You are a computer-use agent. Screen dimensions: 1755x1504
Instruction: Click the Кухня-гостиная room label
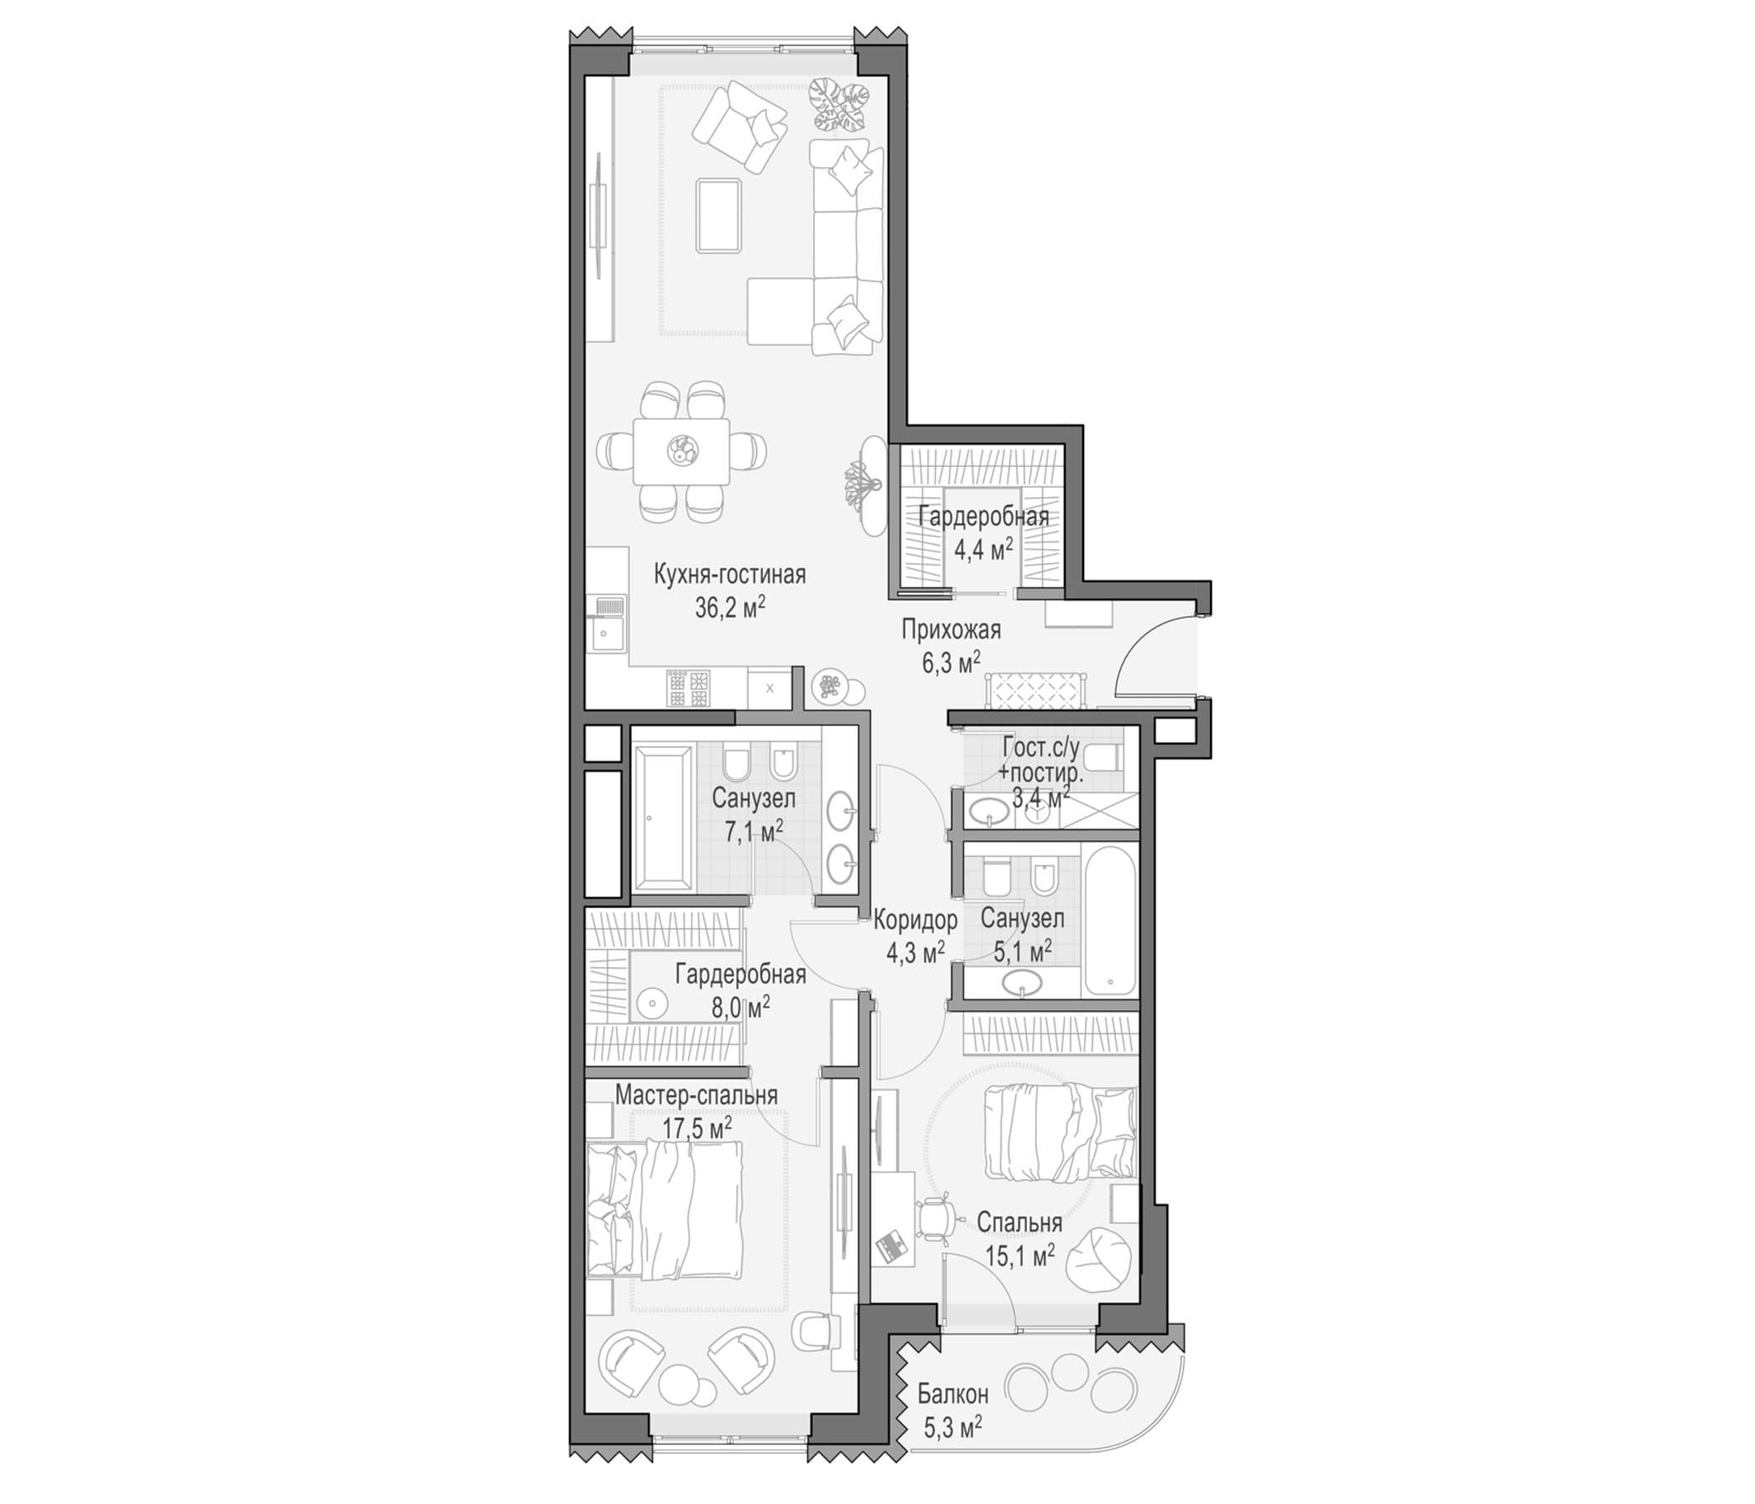pyautogui.click(x=730, y=576)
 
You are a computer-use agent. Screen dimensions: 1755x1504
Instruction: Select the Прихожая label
pyautogui.click(x=950, y=630)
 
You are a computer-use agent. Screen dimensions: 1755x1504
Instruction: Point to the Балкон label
pyautogui.click(x=953, y=1393)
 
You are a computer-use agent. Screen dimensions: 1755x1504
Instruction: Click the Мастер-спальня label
pyautogui.click(x=696, y=1095)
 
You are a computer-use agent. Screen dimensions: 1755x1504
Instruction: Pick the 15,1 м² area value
pyautogui.click(x=1020, y=1255)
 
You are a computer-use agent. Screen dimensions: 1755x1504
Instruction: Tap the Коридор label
pyautogui.click(x=916, y=920)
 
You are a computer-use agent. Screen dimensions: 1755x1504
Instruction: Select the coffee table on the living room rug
pyautogui.click(x=718, y=215)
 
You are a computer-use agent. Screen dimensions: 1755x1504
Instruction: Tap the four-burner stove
pyautogui.click(x=688, y=688)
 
